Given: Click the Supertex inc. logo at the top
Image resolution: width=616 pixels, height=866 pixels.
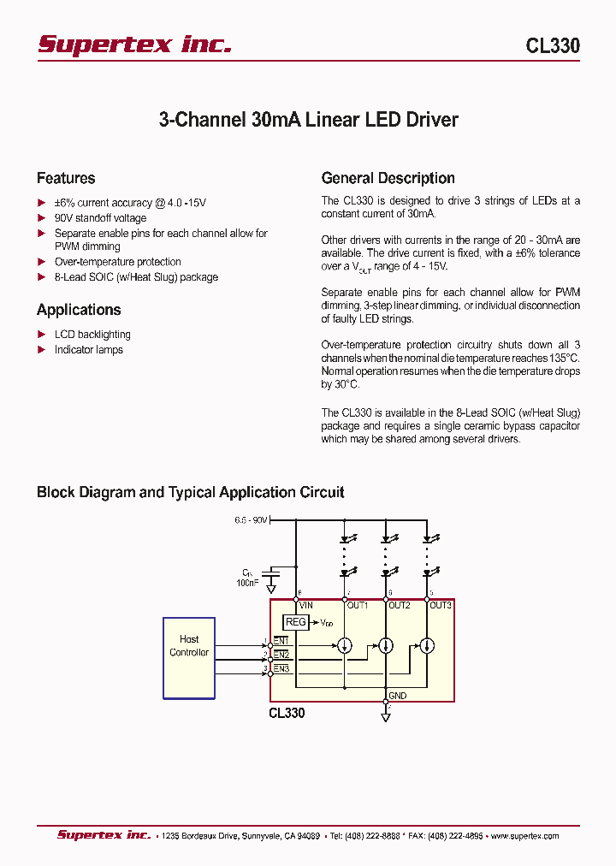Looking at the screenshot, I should pos(134,44).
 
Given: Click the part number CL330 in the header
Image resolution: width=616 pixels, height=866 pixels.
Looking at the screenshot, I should pos(553,46).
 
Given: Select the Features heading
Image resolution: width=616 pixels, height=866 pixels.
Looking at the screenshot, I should pos(66,178).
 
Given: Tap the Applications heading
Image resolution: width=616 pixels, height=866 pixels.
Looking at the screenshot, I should pos(79,310).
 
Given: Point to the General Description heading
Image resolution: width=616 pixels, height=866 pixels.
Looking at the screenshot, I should pos(388,178).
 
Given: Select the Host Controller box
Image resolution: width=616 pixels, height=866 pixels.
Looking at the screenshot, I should pos(189,657).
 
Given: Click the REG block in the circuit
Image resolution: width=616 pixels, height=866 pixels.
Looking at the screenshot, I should pos(295,622).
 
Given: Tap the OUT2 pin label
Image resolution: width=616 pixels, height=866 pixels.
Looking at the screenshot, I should pos(399,606).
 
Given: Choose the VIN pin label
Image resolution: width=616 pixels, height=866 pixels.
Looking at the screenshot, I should pos(306,606).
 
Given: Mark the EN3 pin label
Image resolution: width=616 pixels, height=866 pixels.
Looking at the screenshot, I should pos(281,668).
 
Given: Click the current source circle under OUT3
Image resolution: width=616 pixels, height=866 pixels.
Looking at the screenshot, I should pos(427,645).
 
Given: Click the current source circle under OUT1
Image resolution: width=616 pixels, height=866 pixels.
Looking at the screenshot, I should pos(345,645).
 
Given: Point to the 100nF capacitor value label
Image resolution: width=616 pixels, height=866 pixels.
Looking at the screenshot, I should pos(247,582).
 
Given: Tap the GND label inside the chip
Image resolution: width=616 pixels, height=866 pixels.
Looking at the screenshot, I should pos(397,697).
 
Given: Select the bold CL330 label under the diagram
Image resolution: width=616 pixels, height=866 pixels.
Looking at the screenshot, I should pos(287,713).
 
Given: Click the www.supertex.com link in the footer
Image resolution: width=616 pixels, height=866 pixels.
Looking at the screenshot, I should pos(523,836).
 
